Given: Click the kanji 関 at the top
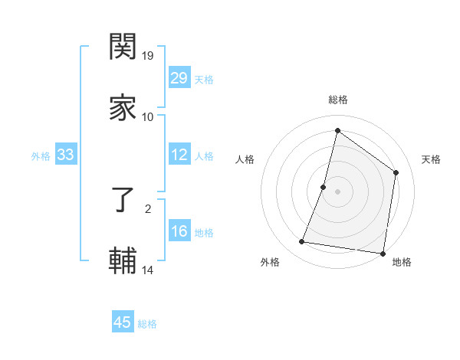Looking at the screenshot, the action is [123, 48].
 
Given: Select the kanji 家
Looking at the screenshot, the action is [123, 108].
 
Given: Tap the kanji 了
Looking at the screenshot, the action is [123, 201].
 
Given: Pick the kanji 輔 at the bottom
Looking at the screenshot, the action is [123, 260].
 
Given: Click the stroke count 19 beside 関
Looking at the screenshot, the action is [149, 56].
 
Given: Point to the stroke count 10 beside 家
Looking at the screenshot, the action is [148, 116].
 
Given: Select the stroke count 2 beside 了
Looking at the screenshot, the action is [148, 208].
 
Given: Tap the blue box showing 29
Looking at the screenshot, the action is [179, 78].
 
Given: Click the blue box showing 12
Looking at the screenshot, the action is [179, 155].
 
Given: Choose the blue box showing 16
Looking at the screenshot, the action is [179, 232].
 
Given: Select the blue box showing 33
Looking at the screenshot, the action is [66, 155].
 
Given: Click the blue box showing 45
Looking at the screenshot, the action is [123, 322].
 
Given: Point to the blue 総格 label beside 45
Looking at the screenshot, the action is [147, 324].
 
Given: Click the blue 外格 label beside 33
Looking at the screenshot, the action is [41, 156].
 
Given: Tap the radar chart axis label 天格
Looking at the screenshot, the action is [431, 159].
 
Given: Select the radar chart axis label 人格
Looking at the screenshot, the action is [245, 159].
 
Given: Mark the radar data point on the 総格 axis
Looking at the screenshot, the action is [337, 130].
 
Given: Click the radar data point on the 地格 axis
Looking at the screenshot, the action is [383, 253].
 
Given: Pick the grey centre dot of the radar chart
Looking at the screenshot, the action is [337, 191].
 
